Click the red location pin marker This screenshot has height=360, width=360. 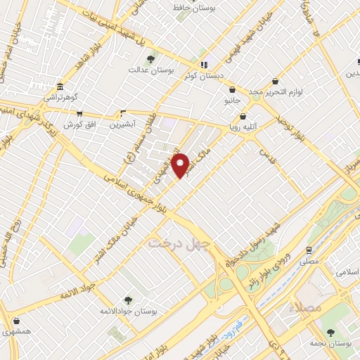181,165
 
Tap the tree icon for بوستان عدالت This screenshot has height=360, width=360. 152,59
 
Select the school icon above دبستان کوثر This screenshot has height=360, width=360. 204,65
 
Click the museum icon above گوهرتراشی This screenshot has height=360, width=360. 58,88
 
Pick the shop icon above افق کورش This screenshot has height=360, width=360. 79,113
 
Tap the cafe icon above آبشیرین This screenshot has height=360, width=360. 123,113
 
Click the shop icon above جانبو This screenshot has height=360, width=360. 232,89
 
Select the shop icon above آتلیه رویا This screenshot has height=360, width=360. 243,117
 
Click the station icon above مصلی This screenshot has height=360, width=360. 309,249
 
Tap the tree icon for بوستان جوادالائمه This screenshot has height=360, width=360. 127,300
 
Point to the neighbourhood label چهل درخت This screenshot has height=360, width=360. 179,243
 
